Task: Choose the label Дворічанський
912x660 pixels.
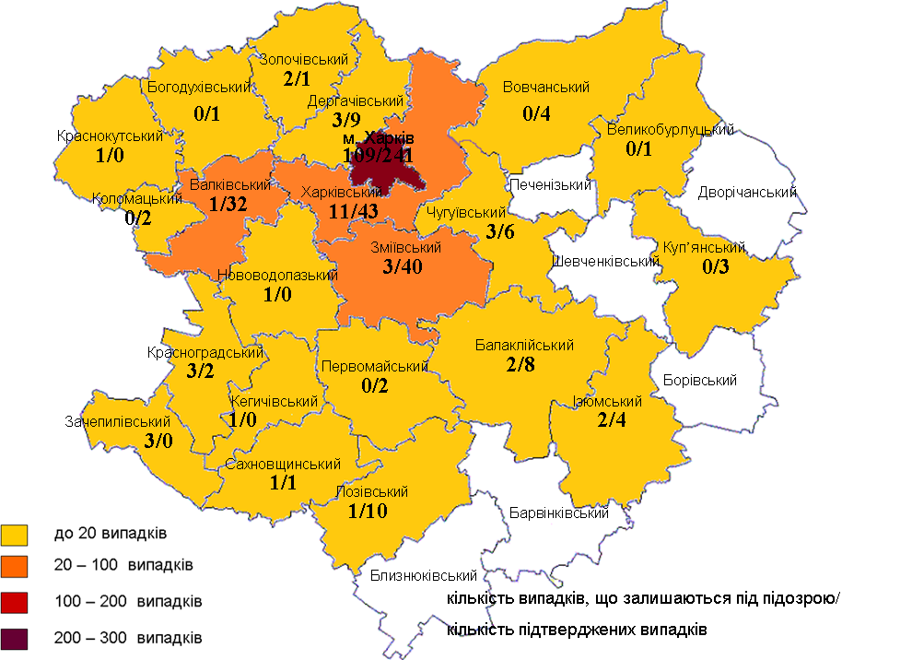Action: pos(747,193)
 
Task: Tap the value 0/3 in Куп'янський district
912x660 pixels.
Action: pos(715,267)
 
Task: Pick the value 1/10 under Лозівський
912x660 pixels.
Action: pos(368,511)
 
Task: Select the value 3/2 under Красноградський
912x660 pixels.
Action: pos(201,371)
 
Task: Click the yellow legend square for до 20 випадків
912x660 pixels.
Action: pos(17,534)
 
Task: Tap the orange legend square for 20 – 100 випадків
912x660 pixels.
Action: pos(17,566)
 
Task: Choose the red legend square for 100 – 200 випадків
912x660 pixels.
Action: pos(17,602)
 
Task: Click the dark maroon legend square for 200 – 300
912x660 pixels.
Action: pos(17,638)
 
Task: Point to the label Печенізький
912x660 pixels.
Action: pos(550,185)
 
